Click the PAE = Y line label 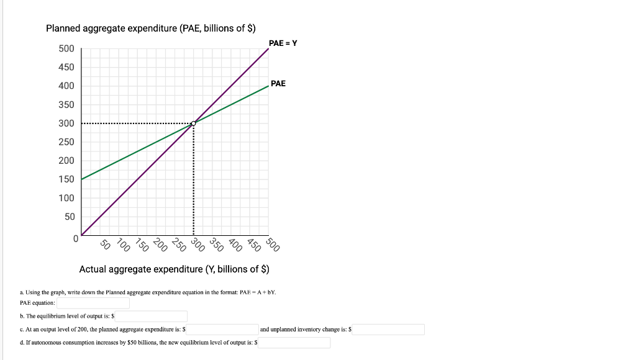coord(283,43)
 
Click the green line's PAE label coord(278,83)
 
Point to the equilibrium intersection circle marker coord(194,124)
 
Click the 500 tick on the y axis coord(66,48)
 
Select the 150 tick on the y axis coord(66,179)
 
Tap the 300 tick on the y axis coord(66,123)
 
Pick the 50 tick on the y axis coord(70,216)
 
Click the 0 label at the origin coord(75,237)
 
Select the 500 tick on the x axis coord(273,243)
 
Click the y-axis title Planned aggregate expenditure coord(152,29)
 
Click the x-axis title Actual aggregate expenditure coord(174,269)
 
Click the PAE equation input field coord(93,303)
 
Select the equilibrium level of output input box coord(148,317)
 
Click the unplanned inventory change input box coord(389,330)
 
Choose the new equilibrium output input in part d coord(295,343)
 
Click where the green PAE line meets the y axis coord(82,179)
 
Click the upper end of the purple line coord(268,48)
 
